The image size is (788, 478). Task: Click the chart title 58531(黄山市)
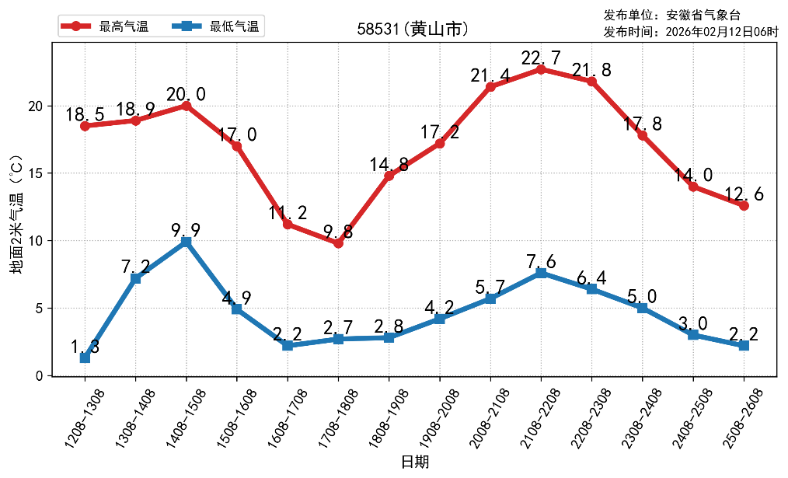[x=413, y=30]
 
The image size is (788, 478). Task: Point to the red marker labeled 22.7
[x=541, y=69]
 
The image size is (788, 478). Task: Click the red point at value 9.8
[x=338, y=243]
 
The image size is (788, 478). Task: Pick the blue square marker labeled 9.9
[x=187, y=242]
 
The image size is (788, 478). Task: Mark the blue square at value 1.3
[x=85, y=358]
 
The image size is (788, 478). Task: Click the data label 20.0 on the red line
[x=187, y=95]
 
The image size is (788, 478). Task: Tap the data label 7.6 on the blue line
[x=541, y=261]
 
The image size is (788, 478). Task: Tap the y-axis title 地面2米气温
[x=16, y=213]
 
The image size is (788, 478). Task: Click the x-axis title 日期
[x=414, y=462]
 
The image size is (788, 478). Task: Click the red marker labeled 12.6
[x=744, y=205]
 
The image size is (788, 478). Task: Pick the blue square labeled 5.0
[x=642, y=308]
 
